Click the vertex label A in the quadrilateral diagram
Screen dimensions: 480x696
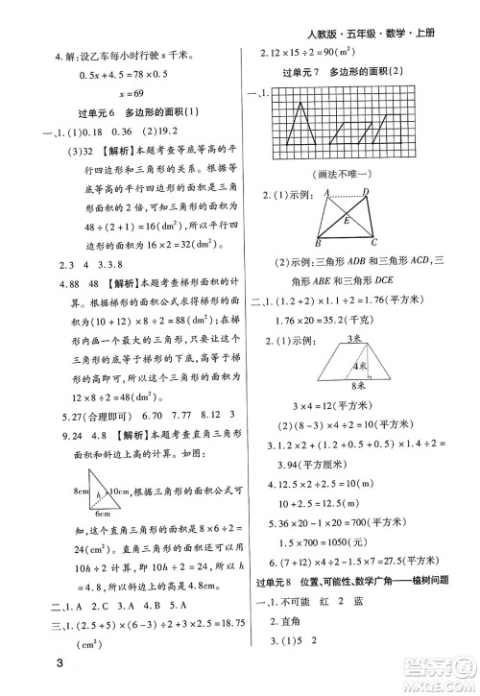329,193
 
